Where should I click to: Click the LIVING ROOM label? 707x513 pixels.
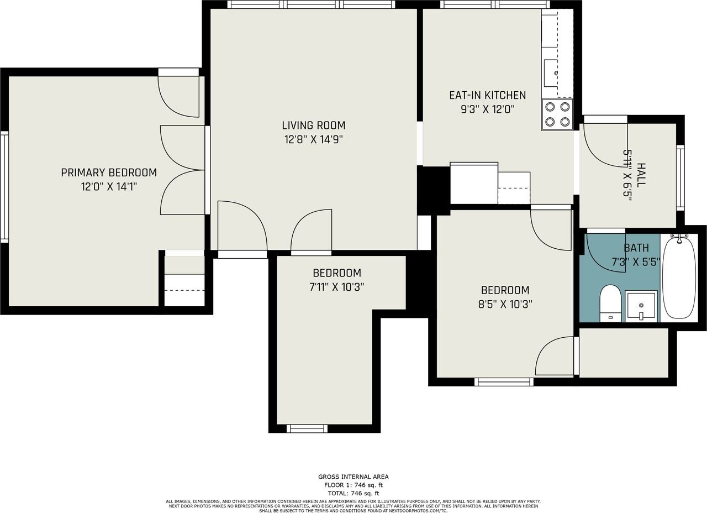pyautogui.click(x=314, y=125)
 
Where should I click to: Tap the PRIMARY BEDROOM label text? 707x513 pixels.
pyautogui.click(x=109, y=172)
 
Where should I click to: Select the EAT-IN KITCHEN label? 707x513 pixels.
pyautogui.click(x=488, y=95)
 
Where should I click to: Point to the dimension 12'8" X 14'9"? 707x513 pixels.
pyautogui.click(x=314, y=139)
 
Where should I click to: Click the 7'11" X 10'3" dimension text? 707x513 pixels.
pyautogui.click(x=337, y=287)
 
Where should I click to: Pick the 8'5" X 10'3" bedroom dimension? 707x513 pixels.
pyautogui.click(x=505, y=304)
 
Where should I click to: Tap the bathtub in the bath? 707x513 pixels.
pyautogui.click(x=679, y=278)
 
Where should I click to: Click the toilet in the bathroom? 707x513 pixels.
pyautogui.click(x=610, y=303)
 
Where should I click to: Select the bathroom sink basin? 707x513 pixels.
pyautogui.click(x=641, y=306)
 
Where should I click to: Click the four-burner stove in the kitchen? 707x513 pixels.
pyautogui.click(x=557, y=114)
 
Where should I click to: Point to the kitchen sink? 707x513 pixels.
pyautogui.click(x=551, y=73)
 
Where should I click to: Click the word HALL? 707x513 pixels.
pyautogui.click(x=641, y=175)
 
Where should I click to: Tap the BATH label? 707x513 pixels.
pyautogui.click(x=637, y=248)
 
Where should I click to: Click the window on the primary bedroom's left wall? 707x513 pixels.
pyautogui.click(x=4, y=187)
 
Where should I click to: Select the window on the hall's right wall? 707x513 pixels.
pyautogui.click(x=680, y=178)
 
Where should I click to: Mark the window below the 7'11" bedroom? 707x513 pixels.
pyautogui.click(x=307, y=428)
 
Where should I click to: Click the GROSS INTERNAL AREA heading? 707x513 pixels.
pyautogui.click(x=353, y=477)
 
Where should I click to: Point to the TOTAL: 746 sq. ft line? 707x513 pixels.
pyautogui.click(x=353, y=493)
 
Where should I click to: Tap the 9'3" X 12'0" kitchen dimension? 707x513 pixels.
pyautogui.click(x=488, y=109)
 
